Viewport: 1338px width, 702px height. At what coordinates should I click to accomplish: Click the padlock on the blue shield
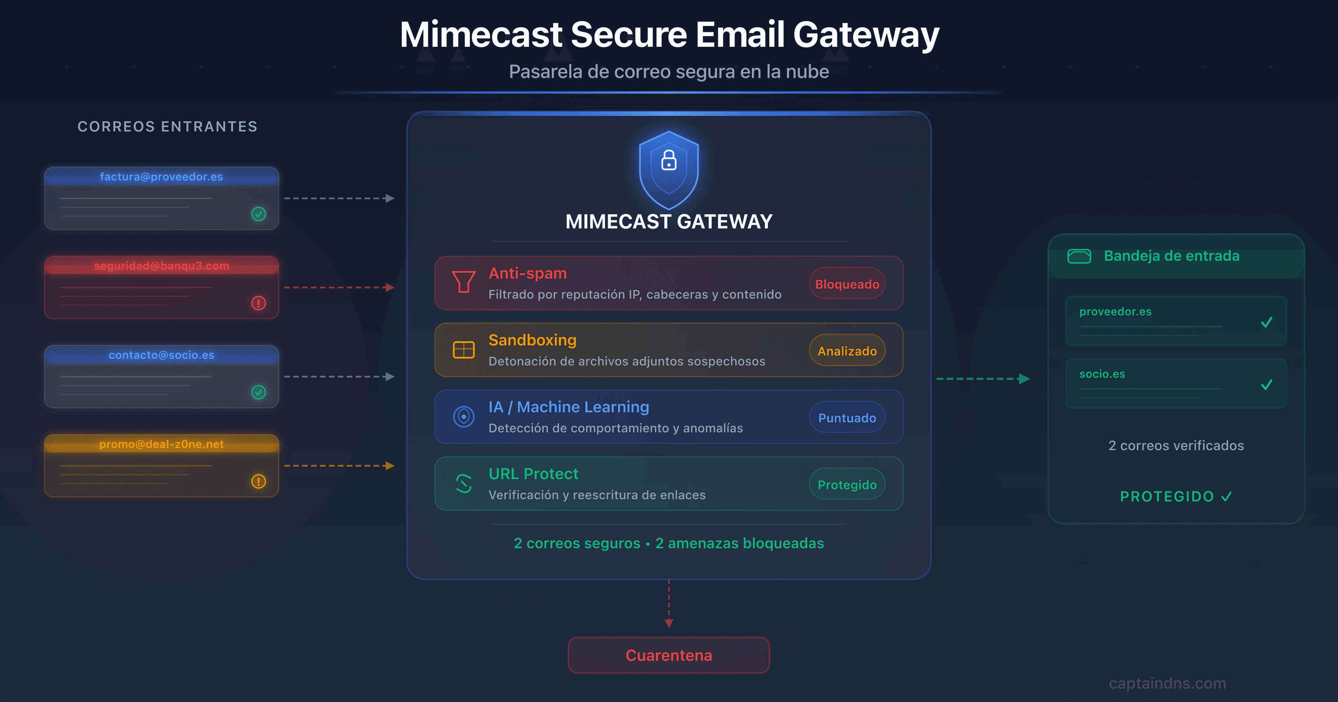669,160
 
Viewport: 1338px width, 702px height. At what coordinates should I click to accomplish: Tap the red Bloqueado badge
847,284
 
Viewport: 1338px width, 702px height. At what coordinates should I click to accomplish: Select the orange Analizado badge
847,351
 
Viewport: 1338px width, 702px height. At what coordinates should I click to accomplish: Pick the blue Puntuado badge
847,418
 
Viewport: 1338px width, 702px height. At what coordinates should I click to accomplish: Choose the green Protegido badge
847,484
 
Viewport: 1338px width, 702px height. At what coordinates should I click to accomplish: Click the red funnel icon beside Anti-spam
463,282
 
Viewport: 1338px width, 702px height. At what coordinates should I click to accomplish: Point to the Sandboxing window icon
463,350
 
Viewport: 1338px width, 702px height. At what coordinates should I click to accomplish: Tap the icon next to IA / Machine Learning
463,416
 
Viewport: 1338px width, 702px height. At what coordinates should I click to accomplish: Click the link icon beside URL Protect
463,483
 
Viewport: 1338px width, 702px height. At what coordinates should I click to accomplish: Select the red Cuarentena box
669,655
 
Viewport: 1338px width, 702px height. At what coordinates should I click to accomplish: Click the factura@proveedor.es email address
162,176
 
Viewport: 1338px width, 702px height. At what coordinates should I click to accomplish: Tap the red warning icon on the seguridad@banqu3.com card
259,303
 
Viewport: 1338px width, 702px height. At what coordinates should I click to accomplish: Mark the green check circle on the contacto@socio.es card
259,392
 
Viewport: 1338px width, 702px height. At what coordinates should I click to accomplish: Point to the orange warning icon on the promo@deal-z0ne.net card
259,481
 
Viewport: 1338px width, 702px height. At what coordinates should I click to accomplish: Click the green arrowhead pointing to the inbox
1024,379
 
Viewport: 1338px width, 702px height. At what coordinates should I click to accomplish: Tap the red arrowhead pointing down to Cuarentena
669,623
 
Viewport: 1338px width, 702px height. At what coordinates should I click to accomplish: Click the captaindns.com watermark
1167,683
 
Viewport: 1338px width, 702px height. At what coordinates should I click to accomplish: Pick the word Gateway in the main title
866,35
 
